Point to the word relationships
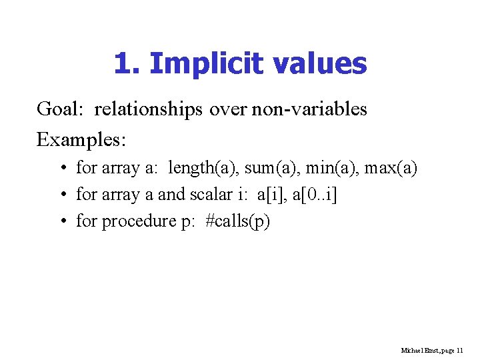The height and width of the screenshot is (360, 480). pyautogui.click(x=148, y=109)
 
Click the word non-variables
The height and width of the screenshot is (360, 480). pyautogui.click(x=309, y=109)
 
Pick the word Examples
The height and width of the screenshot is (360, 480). pyautogui.click(x=81, y=139)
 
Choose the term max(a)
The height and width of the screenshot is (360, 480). pyautogui.click(x=391, y=167)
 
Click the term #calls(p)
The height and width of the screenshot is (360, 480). pyautogui.click(x=238, y=221)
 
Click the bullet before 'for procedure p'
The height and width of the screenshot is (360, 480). pyautogui.click(x=61, y=221)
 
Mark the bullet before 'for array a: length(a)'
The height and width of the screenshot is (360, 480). pyautogui.click(x=61, y=167)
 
